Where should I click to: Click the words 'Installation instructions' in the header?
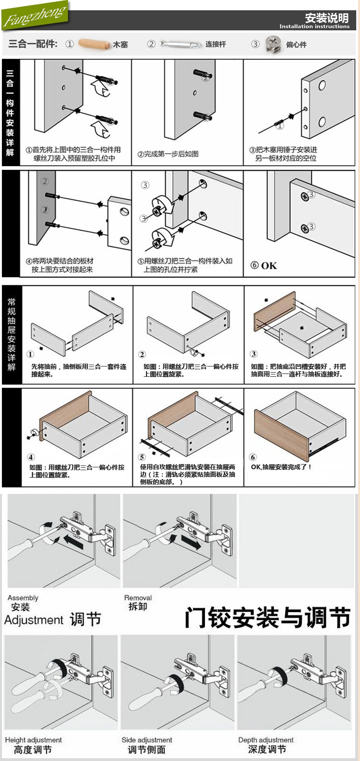[314, 27]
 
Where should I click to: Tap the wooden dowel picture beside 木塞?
[94, 44]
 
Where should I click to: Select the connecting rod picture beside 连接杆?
[179, 44]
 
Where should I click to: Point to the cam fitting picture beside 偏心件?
[273, 44]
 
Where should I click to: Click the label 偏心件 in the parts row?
[296, 44]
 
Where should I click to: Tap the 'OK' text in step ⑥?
[268, 266]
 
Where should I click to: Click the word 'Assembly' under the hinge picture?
[23, 598]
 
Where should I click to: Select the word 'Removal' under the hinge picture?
[138, 598]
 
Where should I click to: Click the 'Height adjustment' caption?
[33, 740]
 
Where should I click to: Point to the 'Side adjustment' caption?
[147, 740]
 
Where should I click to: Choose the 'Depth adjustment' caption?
[266, 740]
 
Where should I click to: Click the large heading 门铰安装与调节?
[267, 618]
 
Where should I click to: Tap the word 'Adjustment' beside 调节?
[34, 620]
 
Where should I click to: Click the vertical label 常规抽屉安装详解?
[11, 334]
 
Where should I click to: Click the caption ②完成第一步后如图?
[168, 154]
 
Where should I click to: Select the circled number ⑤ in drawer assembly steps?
[142, 457]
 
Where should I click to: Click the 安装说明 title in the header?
[327, 18]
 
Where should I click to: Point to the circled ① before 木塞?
[70, 44]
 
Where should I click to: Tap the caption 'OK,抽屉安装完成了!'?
[281, 467]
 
